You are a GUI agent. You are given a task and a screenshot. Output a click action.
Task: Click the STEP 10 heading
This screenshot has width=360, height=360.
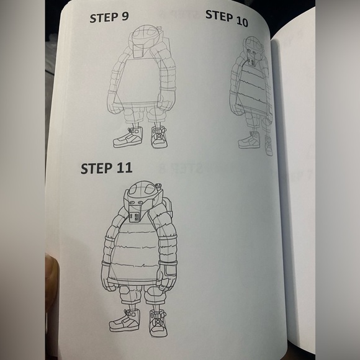point(227,18)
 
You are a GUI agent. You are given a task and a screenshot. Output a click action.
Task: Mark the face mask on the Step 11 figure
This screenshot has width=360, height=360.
point(138,214)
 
